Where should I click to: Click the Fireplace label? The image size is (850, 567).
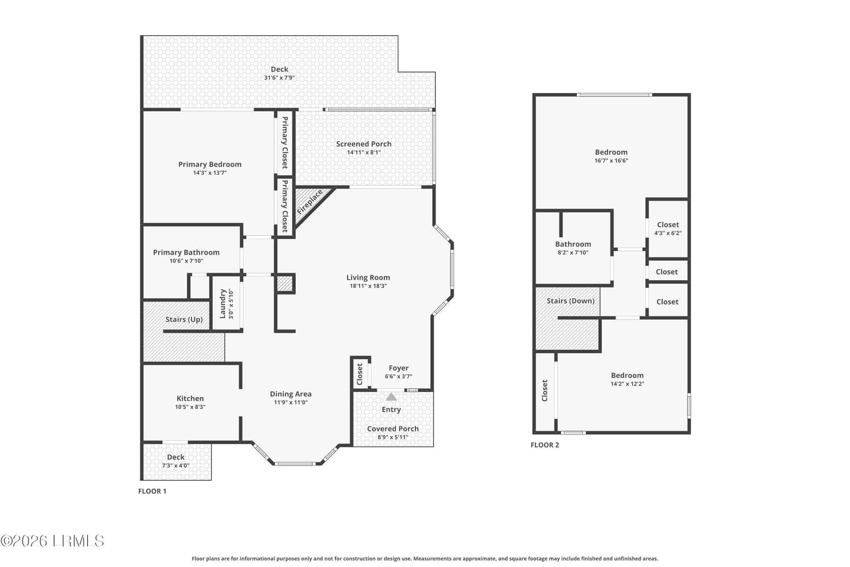click(310, 202)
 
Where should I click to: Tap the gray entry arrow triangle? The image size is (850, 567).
click(391, 397)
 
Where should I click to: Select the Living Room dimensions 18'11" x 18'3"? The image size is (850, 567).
click(368, 286)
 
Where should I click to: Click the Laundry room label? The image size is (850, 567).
click(223, 303)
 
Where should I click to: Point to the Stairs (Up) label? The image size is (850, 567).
click(184, 319)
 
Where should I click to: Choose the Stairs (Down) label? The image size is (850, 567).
click(571, 301)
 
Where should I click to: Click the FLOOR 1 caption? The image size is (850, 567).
click(152, 491)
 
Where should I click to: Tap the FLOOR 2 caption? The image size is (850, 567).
click(545, 445)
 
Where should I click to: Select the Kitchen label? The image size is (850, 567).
click(190, 399)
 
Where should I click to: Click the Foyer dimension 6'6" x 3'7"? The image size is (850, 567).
click(398, 376)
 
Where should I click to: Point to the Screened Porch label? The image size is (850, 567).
click(363, 144)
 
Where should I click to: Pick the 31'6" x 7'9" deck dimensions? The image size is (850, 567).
click(279, 78)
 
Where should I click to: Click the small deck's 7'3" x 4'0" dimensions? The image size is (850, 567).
click(176, 466)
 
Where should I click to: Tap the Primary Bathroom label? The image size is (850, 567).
click(186, 252)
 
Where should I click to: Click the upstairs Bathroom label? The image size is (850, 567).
click(573, 244)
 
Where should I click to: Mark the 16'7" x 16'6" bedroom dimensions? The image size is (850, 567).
click(611, 160)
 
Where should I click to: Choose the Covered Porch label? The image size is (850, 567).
click(393, 429)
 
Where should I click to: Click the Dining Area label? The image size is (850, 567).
click(291, 394)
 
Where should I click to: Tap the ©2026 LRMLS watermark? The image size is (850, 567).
click(53, 541)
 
